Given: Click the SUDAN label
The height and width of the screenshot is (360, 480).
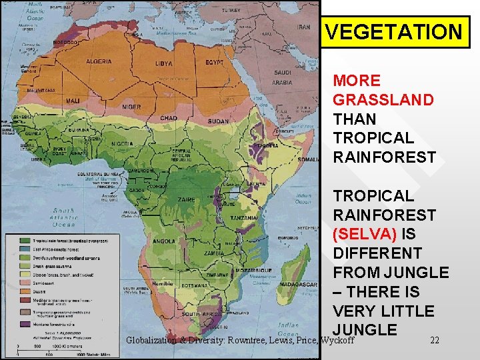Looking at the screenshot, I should (x=217, y=122).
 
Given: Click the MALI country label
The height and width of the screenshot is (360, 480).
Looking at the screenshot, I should (x=73, y=101).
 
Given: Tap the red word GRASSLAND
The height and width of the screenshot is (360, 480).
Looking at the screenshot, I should (x=383, y=100).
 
